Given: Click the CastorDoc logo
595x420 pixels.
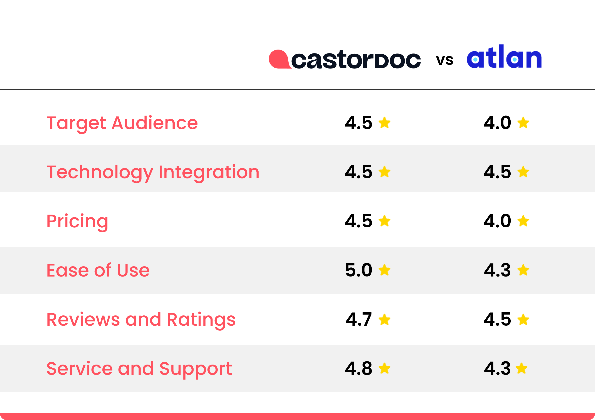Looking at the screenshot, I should [x=345, y=59].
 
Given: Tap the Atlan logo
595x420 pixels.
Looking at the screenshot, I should [x=504, y=57].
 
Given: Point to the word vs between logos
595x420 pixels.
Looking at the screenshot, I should [x=445, y=60].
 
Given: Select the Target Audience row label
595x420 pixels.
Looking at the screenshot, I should [x=122, y=123].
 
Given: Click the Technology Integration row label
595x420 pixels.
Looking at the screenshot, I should [x=153, y=172].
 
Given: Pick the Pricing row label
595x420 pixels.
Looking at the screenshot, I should [x=77, y=222].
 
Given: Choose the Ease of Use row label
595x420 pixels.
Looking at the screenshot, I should [x=98, y=270].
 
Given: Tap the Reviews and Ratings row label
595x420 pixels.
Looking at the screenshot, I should [x=141, y=320].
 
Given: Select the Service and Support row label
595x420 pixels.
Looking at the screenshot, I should [x=139, y=369].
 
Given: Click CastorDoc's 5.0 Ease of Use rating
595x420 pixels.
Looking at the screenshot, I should [x=359, y=270].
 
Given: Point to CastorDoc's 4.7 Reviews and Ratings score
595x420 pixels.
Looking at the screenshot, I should [x=359, y=320].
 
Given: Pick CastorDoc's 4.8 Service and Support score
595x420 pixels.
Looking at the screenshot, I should [x=359, y=368].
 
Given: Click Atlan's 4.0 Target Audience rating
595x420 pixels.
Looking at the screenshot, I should [x=497, y=123].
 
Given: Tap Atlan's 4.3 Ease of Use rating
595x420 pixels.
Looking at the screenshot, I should [x=497, y=270].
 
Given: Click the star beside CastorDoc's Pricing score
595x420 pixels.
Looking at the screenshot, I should [x=384, y=221].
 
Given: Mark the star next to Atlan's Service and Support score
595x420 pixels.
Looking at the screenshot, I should [x=521, y=368].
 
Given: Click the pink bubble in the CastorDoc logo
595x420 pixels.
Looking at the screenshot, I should [x=279, y=59].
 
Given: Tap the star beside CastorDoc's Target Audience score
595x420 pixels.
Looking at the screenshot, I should [x=384, y=123].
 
